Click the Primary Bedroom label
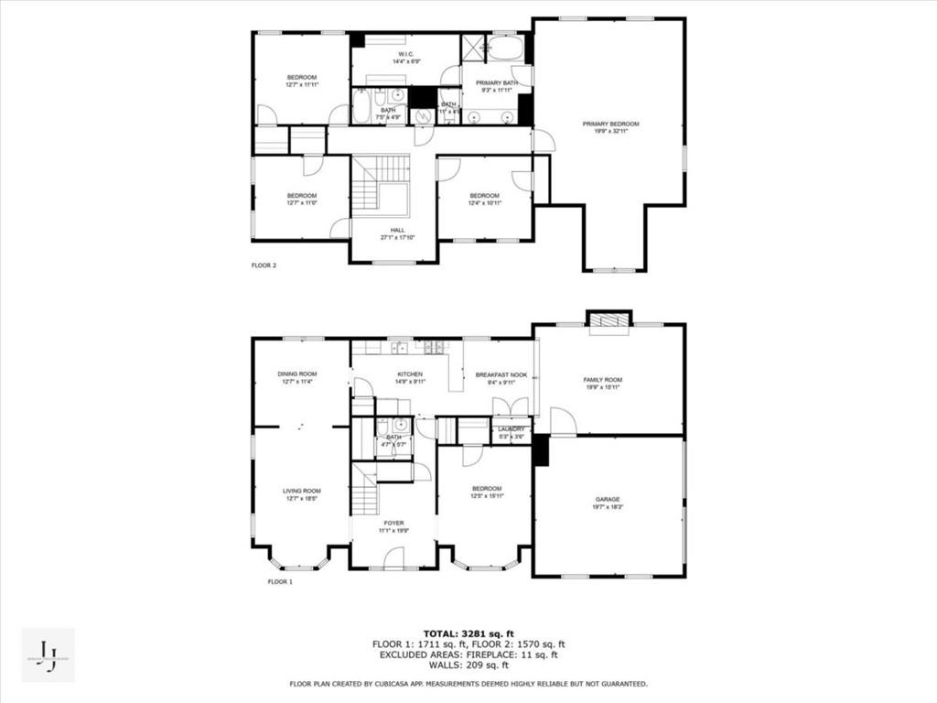tap(610, 124)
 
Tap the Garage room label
tap(609, 499)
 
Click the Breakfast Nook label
tap(501, 374)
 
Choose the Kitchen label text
tap(409, 374)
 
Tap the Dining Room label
tap(297, 373)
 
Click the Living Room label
tap(301, 491)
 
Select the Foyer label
tap(393, 523)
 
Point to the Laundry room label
tap(511, 428)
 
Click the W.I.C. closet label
tap(406, 54)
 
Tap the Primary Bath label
tap(496, 82)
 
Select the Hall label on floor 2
tap(397, 230)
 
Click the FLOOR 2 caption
tap(264, 265)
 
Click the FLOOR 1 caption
tap(279, 581)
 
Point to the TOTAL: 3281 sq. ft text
tap(468, 633)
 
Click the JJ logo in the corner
tap(48, 654)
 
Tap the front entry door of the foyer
tap(393, 560)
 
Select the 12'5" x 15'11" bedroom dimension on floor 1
tap(486, 496)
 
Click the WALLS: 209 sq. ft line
tap(468, 665)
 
